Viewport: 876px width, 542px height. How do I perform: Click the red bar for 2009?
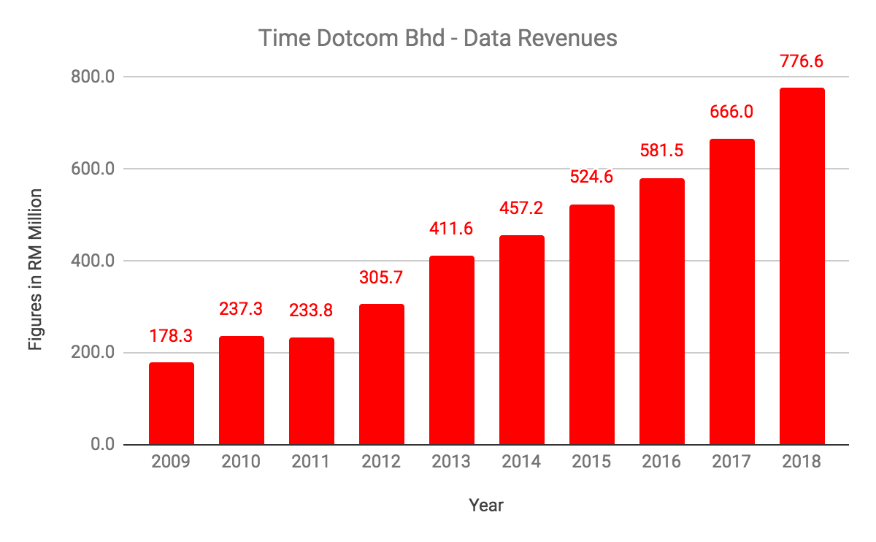[x=172, y=404]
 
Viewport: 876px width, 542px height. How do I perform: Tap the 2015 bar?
[x=592, y=325]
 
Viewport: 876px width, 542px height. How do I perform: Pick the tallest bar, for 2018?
[x=802, y=267]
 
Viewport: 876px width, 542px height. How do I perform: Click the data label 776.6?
[x=802, y=61]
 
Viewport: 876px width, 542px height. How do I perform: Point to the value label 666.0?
[x=732, y=112]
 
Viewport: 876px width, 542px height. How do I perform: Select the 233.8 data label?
[x=312, y=310]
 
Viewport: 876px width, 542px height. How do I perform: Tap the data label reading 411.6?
[x=452, y=229]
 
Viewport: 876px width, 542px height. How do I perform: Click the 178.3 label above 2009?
[x=172, y=336]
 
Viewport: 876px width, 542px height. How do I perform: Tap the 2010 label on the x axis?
[x=242, y=462]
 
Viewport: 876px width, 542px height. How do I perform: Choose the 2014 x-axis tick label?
[x=522, y=462]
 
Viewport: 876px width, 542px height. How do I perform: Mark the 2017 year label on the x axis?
[x=732, y=462]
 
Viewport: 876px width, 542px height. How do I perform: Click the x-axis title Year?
[x=486, y=505]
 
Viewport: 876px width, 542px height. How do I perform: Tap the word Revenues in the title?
[x=572, y=38]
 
